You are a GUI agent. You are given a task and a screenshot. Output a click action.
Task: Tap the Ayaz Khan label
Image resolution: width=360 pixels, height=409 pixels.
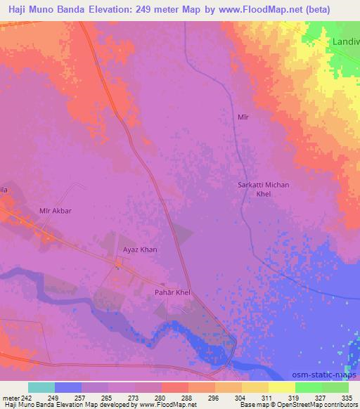click(140, 249)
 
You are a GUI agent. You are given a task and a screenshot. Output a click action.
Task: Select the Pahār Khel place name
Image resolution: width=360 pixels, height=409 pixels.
click(172, 292)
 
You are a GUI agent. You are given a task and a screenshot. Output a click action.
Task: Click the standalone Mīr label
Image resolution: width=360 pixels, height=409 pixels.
click(244, 117)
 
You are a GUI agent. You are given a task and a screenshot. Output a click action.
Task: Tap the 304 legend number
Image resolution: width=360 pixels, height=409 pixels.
click(241, 398)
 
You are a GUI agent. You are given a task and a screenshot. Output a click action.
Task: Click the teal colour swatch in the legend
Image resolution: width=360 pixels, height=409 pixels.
click(41, 387)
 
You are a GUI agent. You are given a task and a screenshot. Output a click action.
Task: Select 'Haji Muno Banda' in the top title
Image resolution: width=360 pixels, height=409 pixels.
click(47, 8)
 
